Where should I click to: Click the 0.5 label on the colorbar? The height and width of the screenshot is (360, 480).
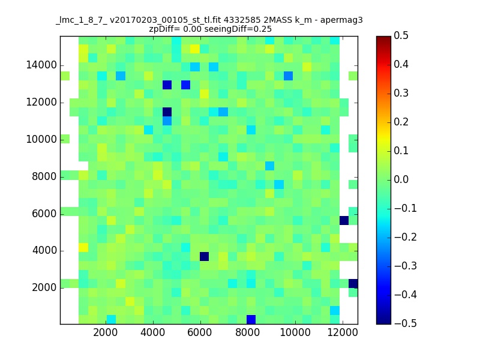click(401, 35)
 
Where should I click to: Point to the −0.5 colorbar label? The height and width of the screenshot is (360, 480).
click(406, 323)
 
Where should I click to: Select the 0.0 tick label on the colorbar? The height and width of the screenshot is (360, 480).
click(401, 179)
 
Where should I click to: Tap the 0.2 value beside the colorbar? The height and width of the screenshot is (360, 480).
click(401, 122)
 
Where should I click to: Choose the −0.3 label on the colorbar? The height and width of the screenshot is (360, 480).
click(406, 266)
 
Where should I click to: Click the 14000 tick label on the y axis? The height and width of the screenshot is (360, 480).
click(41, 65)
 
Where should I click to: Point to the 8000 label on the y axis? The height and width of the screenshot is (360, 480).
click(44, 176)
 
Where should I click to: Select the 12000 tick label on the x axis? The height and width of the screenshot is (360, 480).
click(343, 332)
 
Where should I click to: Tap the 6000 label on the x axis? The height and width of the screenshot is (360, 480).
click(200, 332)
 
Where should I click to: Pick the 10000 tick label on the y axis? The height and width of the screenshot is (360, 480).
click(41, 139)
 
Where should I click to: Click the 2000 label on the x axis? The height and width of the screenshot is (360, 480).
click(106, 332)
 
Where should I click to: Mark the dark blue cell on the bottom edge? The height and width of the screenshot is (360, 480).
click(251, 320)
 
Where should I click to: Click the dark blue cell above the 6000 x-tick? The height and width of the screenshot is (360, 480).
click(204, 257)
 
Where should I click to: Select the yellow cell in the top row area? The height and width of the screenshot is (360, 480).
click(194, 49)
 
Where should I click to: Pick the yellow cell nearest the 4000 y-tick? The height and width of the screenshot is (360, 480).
click(83, 247)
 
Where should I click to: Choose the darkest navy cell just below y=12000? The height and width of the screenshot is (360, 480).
click(167, 112)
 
